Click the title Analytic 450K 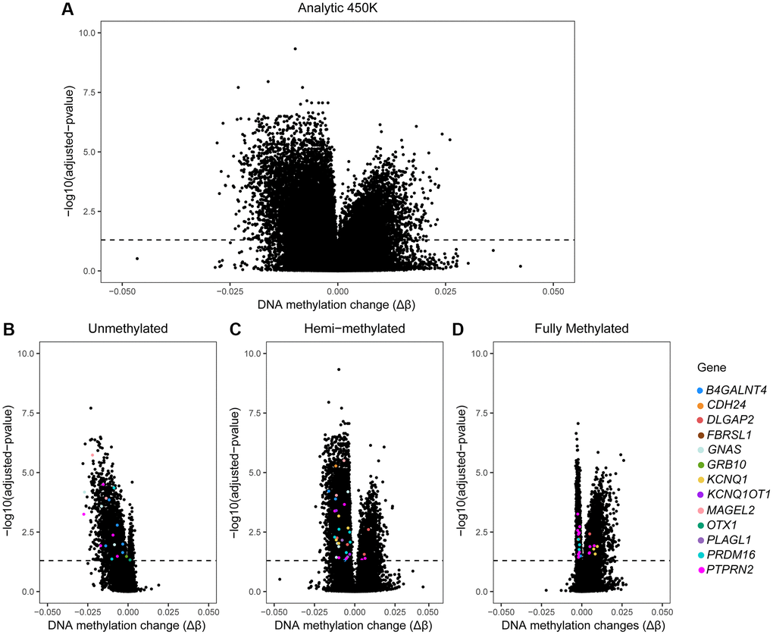tap(337, 10)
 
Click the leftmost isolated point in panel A tap(137, 259)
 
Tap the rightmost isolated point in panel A tap(521, 266)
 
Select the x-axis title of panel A tap(337, 305)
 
